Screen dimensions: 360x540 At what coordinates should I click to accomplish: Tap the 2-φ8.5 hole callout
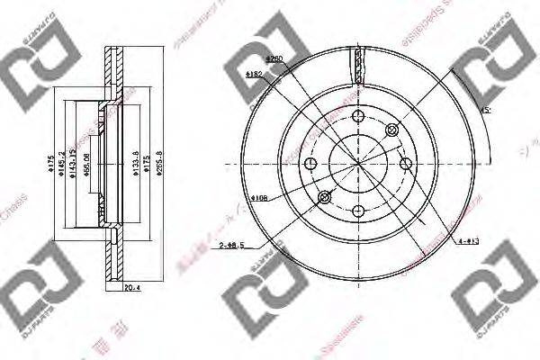pos(229,244)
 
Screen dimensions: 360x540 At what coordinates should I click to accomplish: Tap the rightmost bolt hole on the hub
pos(405,163)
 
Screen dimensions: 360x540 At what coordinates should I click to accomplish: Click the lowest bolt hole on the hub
pos(357,211)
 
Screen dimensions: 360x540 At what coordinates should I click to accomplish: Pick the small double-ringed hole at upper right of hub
pos(391,130)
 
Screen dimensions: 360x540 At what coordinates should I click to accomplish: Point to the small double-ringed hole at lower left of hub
pos(324,196)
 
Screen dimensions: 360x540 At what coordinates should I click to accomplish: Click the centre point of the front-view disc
pos(357,163)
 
